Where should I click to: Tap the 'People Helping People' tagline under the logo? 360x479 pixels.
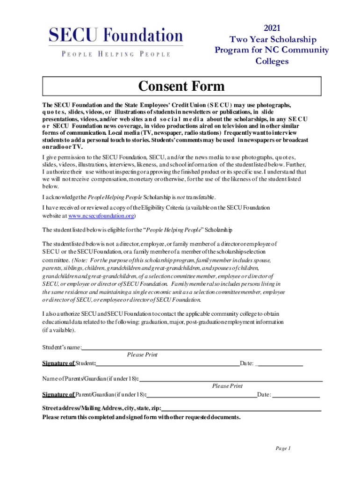116,54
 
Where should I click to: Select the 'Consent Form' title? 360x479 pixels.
181,87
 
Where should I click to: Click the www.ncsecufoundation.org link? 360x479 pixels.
101,216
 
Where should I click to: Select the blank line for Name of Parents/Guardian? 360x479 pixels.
231,380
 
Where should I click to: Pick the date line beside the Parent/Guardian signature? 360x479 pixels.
296,395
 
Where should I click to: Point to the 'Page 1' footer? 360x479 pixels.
283,449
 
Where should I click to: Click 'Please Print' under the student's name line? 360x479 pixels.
142,355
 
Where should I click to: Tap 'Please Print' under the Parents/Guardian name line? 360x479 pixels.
227,386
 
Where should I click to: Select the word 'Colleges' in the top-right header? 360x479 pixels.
272,61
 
